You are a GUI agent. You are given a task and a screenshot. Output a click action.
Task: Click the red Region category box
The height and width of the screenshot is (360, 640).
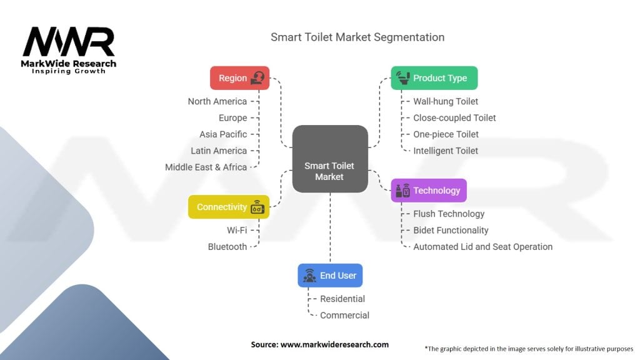239,78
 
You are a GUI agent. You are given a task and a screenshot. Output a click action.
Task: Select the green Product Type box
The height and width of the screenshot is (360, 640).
434,78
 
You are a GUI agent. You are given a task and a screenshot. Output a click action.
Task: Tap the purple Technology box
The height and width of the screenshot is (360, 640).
429,191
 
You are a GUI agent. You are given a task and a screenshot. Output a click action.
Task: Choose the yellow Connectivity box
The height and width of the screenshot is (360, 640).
228,207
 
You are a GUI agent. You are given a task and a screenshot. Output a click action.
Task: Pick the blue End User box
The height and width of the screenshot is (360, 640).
330,276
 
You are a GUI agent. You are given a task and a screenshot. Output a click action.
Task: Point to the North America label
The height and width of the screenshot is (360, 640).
217,101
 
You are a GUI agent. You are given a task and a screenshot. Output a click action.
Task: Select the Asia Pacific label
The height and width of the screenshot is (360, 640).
223,134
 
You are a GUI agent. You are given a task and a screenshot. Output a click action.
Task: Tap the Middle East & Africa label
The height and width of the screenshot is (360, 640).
206,167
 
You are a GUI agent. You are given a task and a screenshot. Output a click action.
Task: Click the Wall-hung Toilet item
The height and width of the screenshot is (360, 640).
446,101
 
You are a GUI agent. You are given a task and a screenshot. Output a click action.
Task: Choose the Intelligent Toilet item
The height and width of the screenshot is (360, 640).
446,151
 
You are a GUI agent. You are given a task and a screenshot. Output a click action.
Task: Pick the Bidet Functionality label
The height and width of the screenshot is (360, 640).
451,230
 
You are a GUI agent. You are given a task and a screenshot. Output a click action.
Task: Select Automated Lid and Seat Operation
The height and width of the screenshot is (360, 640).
482,247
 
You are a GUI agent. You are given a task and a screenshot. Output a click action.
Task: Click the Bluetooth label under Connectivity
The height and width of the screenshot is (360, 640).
227,247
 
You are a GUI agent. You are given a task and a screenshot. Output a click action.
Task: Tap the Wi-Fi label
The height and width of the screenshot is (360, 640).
237,230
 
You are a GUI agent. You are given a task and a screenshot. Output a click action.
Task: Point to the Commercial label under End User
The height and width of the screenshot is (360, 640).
344,316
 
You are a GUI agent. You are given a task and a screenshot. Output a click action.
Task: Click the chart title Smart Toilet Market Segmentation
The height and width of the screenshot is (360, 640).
357,37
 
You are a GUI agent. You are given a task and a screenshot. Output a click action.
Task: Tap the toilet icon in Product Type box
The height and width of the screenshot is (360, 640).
401,78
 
